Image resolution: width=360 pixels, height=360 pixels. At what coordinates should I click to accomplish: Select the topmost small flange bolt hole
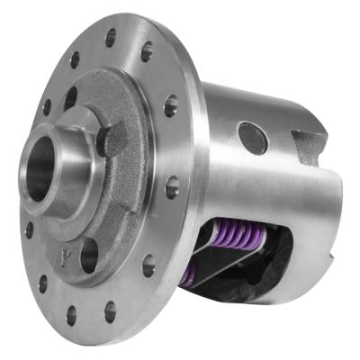(x=111, y=38)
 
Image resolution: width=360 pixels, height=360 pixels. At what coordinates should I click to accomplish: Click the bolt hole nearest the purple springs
(x=148, y=267)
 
